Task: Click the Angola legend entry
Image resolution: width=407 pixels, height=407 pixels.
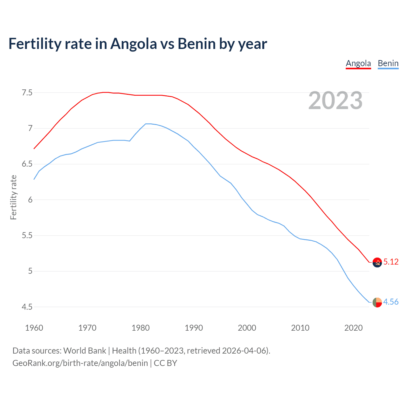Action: [358, 63]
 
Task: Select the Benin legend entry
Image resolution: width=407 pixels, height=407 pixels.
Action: [388, 63]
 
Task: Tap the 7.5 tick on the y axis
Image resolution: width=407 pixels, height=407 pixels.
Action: [27, 93]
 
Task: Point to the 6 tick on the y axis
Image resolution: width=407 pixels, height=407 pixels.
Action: [30, 200]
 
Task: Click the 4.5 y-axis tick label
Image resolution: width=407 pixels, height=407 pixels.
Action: [27, 307]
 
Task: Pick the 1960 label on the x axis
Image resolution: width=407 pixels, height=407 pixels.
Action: [34, 328]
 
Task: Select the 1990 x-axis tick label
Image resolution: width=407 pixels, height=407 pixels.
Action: [194, 328]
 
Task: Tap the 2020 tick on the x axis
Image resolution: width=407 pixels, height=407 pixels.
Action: [353, 328]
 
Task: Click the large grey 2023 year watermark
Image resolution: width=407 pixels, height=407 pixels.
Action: [335, 100]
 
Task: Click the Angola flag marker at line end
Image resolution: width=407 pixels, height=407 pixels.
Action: [377, 262]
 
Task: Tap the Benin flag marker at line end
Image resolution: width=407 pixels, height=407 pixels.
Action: [377, 302]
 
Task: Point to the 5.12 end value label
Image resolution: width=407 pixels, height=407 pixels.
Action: [391, 262]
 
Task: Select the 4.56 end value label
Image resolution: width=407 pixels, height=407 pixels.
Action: [391, 302]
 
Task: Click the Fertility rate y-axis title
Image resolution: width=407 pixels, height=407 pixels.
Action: [13, 197]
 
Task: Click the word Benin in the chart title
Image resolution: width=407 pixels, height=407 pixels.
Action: [197, 44]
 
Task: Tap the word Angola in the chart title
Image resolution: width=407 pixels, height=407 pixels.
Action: [134, 44]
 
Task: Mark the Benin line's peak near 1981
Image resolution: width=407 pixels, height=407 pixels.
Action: [146, 124]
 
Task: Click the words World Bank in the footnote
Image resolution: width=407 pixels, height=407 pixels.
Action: [85, 351]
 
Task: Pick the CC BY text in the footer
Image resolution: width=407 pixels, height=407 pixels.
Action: [165, 363]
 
